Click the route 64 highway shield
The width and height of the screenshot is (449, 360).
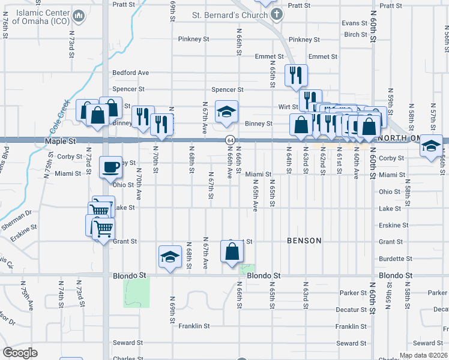pyautogui.click(x=230, y=140)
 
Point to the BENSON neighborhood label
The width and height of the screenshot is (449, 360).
pyautogui.click(x=304, y=241)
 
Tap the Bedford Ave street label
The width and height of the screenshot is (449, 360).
pyautogui.click(x=131, y=73)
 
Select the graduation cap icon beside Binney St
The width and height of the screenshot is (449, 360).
pyautogui.click(x=226, y=112)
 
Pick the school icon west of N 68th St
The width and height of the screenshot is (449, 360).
pyautogui.click(x=170, y=257)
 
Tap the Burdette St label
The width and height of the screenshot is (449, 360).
pyautogui.click(x=394, y=259)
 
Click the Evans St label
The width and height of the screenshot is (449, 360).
pyautogui.click(x=354, y=23)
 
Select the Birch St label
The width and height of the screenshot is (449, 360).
pyautogui.click(x=356, y=34)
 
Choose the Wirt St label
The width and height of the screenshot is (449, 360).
pyautogui.click(x=288, y=106)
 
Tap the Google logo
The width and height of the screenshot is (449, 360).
pyautogui.click(x=20, y=353)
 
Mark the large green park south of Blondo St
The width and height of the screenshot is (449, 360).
pyautogui.click(x=136, y=293)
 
